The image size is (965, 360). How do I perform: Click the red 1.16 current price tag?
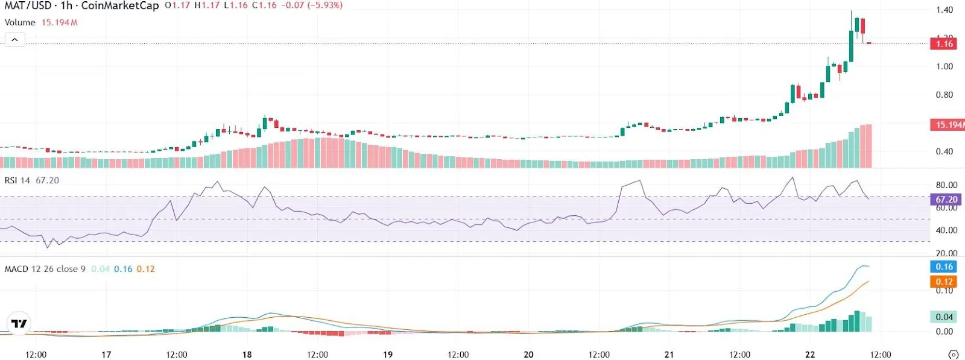pos(944,43)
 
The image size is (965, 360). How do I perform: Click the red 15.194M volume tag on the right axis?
pos(948,125)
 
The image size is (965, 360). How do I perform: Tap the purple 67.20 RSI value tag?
pos(946,199)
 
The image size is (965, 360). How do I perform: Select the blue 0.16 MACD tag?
pos(944,267)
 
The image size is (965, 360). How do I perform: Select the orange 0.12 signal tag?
pos(944,281)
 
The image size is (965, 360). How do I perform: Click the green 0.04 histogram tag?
pos(944,317)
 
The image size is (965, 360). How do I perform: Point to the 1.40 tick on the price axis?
pos(944,10)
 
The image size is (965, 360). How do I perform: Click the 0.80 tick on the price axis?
pos(944,95)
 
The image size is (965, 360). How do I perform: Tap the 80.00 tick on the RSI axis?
pos(946,185)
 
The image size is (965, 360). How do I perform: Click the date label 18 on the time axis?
pos(247,354)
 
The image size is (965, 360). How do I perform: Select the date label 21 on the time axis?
pos(669,354)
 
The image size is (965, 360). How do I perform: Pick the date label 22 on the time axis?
pos(810,354)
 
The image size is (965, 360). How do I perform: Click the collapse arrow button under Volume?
pos(14,40)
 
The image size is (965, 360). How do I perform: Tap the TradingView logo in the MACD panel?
pos(19,324)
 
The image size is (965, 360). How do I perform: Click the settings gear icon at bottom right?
pos(953,354)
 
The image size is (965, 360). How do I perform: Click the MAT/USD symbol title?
pos(28,6)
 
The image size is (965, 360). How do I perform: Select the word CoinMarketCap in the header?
pos(119,6)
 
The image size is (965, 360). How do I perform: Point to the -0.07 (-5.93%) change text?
pos(312,5)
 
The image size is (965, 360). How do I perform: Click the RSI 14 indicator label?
pos(17,180)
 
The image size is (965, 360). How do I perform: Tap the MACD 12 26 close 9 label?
pos(45,269)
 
